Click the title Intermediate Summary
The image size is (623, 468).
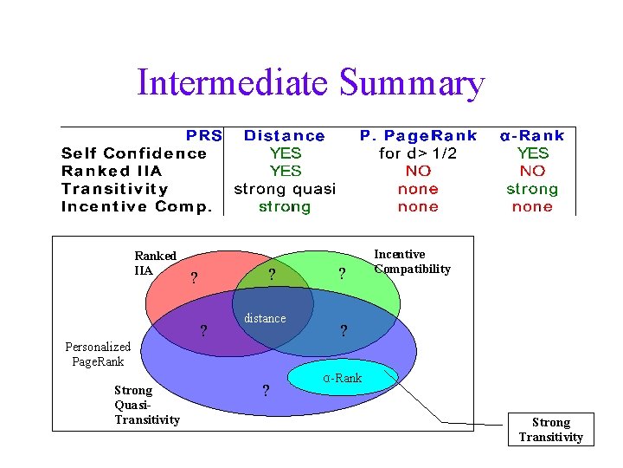point(311,84)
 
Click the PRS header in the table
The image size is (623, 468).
point(204,135)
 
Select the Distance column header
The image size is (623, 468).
point(285,136)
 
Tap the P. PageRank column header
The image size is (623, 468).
point(419,135)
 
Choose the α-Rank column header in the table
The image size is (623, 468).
point(532,136)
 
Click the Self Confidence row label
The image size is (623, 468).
point(134,153)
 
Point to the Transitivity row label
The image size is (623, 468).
point(115,189)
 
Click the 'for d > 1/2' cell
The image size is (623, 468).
point(419,153)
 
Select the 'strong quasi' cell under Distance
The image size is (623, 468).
point(285,189)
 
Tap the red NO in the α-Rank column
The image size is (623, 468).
point(532,172)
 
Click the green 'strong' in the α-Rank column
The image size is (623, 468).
point(532,189)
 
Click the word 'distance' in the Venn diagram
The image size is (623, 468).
point(265,318)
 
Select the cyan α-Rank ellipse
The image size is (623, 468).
point(343,377)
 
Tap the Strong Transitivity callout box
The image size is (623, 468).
point(551,429)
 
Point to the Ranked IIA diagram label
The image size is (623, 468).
point(155,263)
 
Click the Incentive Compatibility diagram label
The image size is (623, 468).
point(412,262)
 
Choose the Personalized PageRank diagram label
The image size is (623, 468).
point(98,354)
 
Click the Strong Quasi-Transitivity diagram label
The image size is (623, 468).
point(146,405)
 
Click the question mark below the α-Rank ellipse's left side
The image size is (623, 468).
point(266,391)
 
